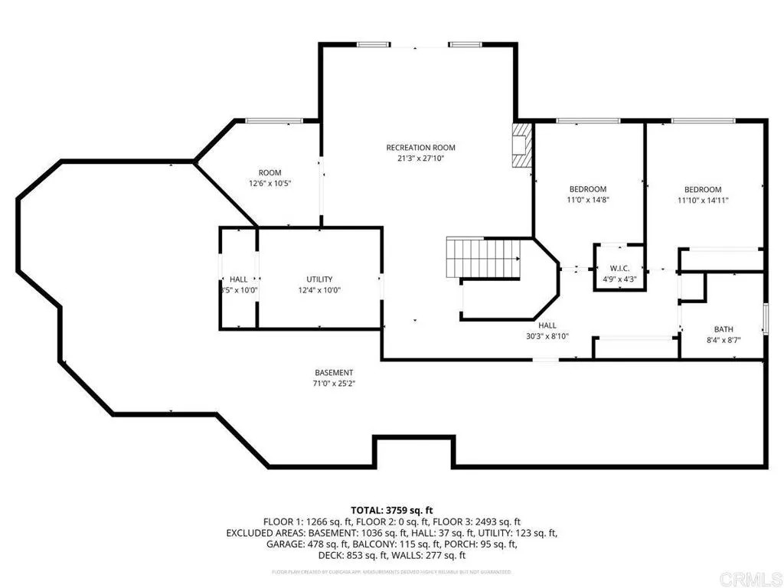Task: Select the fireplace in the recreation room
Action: (x=522, y=145)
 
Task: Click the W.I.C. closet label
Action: (x=619, y=268)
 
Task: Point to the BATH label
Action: (x=724, y=329)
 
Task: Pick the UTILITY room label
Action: (x=319, y=279)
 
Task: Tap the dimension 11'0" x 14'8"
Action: (x=587, y=200)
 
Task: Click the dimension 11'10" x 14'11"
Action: (x=702, y=201)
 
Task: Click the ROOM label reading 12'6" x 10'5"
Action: (x=269, y=173)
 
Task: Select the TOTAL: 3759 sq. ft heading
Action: (x=392, y=509)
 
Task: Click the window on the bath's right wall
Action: (x=765, y=315)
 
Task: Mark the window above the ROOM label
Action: (x=273, y=120)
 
